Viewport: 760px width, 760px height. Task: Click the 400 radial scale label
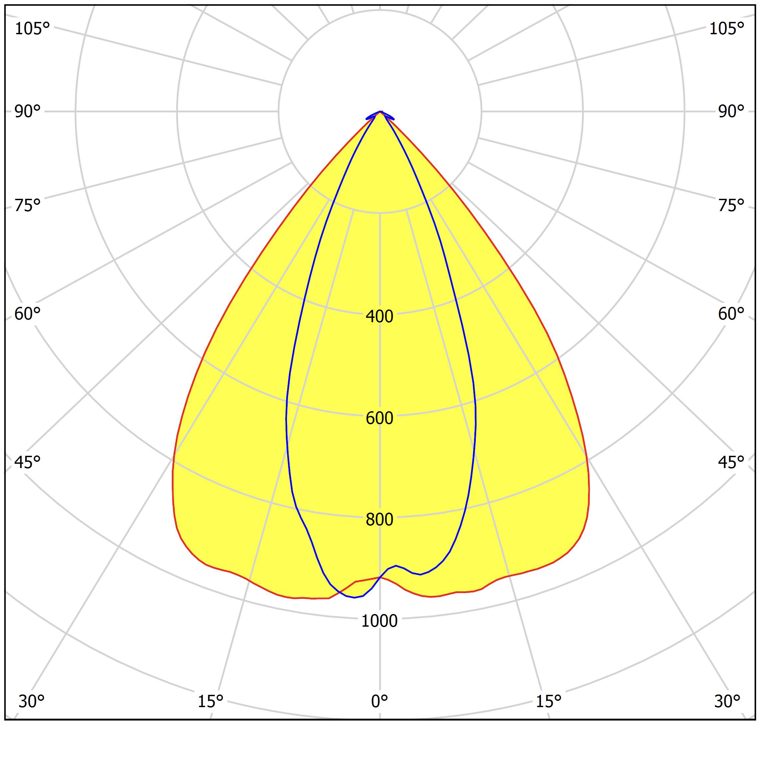coord(379,316)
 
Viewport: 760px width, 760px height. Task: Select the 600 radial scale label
coord(379,418)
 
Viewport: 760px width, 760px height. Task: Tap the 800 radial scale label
coord(379,519)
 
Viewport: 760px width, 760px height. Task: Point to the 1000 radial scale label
coord(379,621)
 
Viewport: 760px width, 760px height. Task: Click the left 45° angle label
coord(27,462)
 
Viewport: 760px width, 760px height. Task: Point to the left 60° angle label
coord(27,314)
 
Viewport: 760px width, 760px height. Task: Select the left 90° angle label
coord(27,111)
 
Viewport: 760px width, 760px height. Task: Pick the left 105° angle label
coord(32,29)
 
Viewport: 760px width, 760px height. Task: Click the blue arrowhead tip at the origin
coord(380,112)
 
